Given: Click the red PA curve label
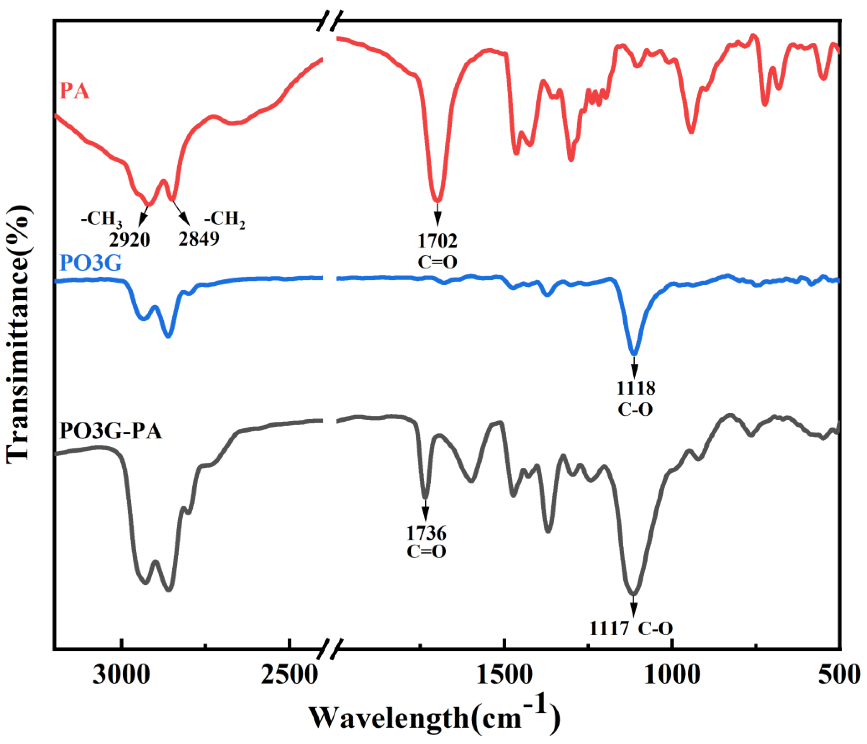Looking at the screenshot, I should click(74, 91).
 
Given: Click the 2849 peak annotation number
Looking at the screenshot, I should click(199, 239).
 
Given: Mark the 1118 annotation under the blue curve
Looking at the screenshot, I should click(635, 388).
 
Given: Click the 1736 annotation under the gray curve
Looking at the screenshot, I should click(426, 533).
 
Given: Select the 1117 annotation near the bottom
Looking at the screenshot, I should click(609, 629).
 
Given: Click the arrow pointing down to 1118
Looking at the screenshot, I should click(634, 367).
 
